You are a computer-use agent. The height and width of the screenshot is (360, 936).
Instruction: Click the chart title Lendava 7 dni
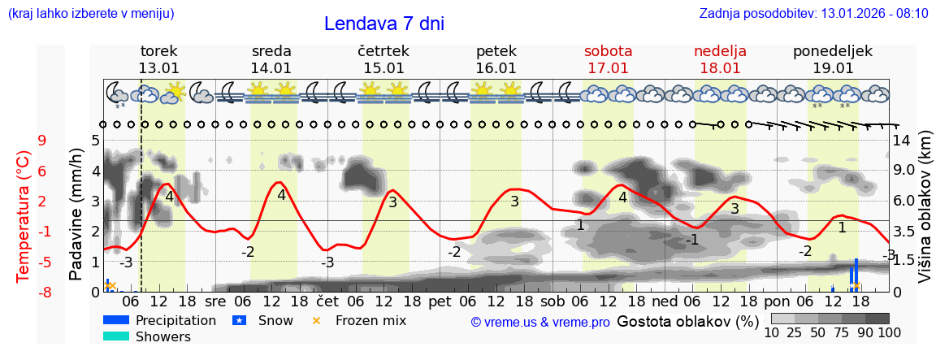pos(383,24)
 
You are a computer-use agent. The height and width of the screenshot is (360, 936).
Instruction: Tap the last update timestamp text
pos(813,14)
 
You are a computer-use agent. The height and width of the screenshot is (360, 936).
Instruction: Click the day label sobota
pos(608,51)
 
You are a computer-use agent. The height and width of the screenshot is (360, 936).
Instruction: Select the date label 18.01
pos(720,68)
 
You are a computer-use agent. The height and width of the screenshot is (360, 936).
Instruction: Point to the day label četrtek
pos(383,51)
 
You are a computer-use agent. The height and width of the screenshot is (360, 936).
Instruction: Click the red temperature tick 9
pos(41,141)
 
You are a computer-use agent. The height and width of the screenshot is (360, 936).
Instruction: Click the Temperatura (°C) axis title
pos(24,216)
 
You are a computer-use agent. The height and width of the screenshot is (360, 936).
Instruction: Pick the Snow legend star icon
pos(239,320)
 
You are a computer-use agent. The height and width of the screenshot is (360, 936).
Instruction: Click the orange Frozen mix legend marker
pos(317,320)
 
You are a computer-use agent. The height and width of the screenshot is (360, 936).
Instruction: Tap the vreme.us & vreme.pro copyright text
pos(539,323)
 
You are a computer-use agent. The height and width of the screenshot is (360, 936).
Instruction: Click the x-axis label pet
pos(440,301)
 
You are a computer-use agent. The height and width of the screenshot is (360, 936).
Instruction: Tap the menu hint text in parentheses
pos(90,14)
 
